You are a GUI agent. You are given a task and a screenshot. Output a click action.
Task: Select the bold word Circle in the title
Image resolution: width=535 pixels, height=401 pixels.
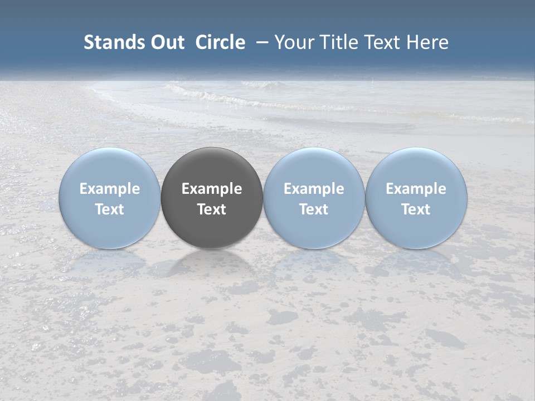[x=220, y=42]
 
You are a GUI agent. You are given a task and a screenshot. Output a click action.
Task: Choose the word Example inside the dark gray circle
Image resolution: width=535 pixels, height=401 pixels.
[x=212, y=189]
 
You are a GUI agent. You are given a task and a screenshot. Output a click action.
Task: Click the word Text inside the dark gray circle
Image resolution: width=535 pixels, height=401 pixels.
[x=212, y=209]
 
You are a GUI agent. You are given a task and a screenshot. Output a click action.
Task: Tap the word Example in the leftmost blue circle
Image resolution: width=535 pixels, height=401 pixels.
[x=110, y=189]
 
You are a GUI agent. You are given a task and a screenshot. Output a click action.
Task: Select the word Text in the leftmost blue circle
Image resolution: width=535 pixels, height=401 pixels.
[x=110, y=209]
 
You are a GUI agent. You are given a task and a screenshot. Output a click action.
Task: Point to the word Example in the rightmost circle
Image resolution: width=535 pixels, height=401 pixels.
[x=416, y=189]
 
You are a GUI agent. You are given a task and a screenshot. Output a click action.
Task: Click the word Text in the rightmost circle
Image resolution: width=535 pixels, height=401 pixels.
[x=416, y=209]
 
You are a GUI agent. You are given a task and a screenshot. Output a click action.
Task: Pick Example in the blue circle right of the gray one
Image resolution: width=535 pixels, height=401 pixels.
[x=314, y=189]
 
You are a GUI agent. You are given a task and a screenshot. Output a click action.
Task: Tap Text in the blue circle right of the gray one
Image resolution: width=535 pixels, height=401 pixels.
[x=314, y=209]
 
